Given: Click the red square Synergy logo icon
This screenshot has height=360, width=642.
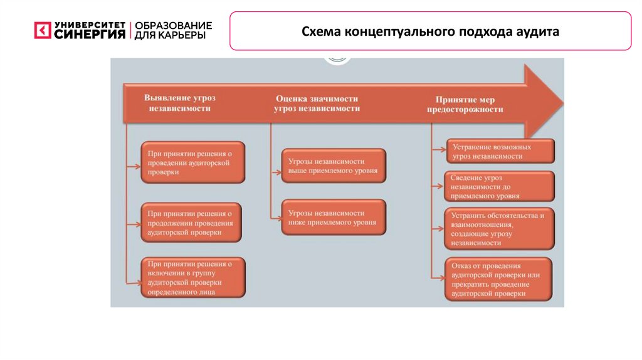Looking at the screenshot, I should (42, 31).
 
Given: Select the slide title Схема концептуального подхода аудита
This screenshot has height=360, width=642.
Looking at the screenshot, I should (430, 31).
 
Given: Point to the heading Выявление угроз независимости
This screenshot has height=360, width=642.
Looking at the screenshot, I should (179, 103).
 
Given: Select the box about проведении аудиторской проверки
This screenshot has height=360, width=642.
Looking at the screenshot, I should (192, 162).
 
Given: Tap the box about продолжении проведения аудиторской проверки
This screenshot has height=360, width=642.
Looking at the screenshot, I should (192, 223).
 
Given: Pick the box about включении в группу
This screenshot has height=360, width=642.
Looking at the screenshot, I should (192, 277).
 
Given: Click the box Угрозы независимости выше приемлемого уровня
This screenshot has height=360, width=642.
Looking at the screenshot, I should (333, 166).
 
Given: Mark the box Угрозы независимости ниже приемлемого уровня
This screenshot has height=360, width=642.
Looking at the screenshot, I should (333, 217).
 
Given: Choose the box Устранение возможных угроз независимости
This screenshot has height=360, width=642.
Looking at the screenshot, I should (500, 151).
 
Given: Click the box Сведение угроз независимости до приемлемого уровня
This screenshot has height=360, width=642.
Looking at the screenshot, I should (499, 186).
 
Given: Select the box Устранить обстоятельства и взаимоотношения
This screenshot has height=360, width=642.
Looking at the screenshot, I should (499, 229).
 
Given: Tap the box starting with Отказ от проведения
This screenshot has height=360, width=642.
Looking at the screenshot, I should (499, 279).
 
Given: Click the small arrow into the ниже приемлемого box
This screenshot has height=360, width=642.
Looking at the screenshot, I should (276, 218).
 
